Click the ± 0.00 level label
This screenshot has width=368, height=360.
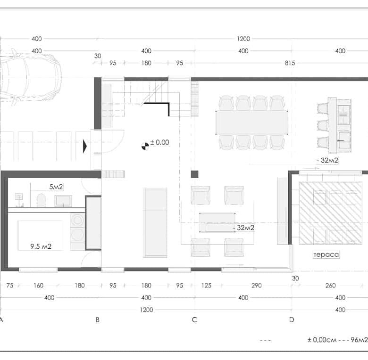(159, 142)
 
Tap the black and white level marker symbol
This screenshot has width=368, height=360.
(145, 146)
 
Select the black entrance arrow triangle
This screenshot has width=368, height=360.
(85, 147)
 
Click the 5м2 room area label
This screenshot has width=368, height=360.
(56, 187)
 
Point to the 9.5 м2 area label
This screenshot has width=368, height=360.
(41, 246)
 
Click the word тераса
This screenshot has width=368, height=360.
(326, 254)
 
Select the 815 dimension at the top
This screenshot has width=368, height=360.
(290, 63)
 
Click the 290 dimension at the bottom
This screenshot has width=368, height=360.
(257, 286)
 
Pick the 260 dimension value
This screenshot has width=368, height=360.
(330, 286)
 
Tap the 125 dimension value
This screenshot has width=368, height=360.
(206, 286)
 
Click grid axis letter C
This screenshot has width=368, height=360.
(194, 319)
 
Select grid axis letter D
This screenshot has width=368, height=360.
(292, 319)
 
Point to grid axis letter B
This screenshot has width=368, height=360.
(98, 319)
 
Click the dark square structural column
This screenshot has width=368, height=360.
(194, 174)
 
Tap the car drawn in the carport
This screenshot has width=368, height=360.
(31, 77)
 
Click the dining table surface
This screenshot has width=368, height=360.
(252, 123)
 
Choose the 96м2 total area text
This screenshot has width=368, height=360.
(359, 340)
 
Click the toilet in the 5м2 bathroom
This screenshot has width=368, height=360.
(42, 200)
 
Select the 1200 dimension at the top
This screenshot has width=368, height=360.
(243, 39)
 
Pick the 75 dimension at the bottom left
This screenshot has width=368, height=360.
(10, 286)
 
